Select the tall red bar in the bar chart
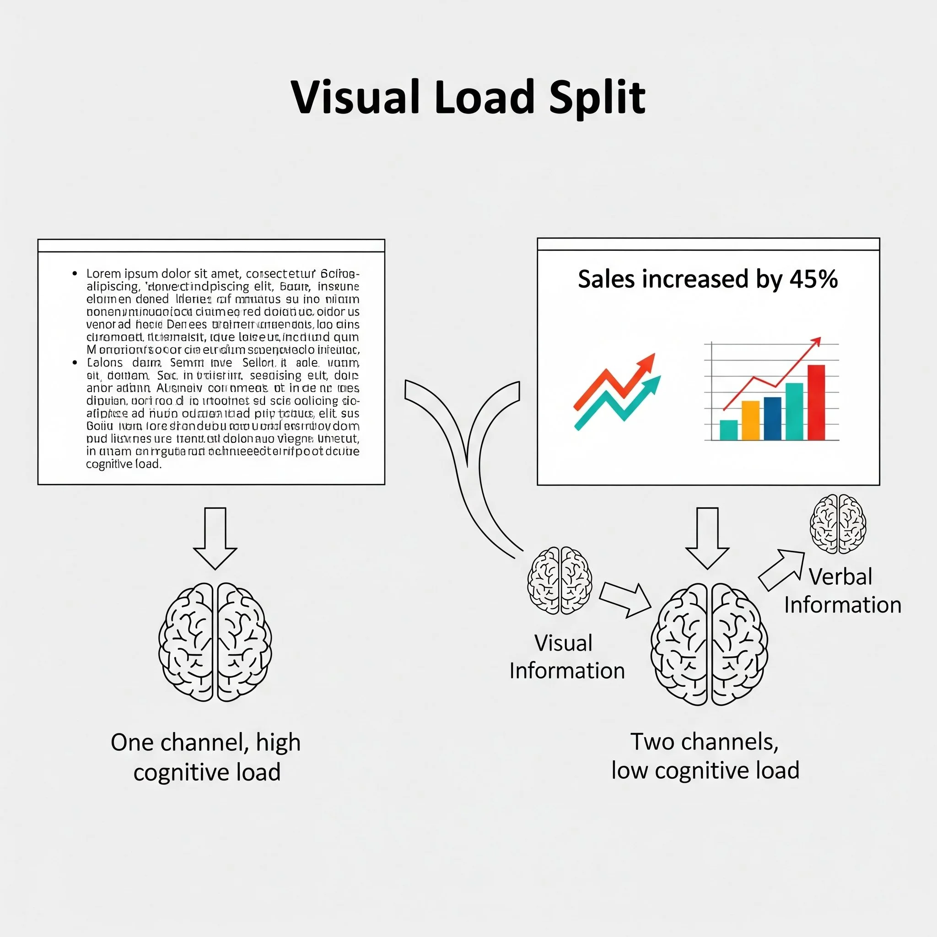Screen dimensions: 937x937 tap(816, 402)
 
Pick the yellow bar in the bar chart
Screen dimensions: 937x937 tap(750, 420)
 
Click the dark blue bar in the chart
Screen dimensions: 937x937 tap(772, 418)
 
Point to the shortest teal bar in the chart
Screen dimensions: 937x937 tap(728, 430)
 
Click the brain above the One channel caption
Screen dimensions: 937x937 tap(215, 641)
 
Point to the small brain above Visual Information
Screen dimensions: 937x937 tap(559, 581)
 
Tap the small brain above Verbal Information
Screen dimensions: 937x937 tap(838, 524)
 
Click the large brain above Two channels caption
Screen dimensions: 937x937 tap(709, 644)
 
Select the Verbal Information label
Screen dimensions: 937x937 tap(842, 591)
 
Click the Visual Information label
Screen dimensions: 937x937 tap(566, 657)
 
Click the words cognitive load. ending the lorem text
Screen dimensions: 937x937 tap(124, 464)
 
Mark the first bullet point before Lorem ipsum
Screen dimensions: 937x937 tap(75, 274)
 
